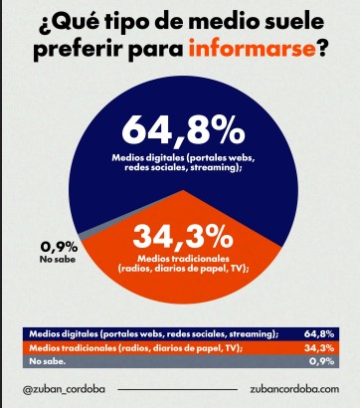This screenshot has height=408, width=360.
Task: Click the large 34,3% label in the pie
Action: [183, 240]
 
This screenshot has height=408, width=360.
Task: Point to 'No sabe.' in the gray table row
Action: [49, 363]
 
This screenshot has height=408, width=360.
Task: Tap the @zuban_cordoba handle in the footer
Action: [63, 389]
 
